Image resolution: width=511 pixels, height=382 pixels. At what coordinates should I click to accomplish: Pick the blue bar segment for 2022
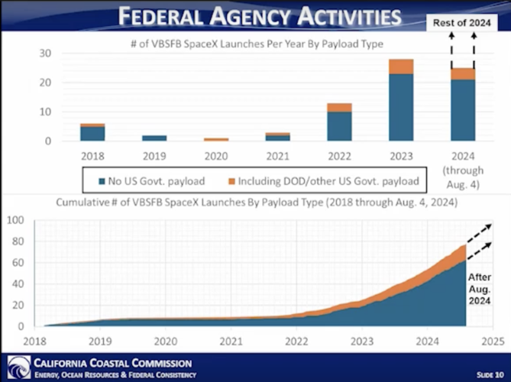click(340, 126)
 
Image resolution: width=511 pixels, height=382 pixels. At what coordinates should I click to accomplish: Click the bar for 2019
click(155, 138)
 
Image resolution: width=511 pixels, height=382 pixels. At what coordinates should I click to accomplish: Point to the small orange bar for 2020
click(216, 140)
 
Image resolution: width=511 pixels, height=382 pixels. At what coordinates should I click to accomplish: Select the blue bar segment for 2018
click(93, 134)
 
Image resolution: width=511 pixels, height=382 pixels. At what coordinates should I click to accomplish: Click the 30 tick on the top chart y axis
click(45, 53)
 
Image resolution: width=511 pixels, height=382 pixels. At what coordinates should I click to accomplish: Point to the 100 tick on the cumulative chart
click(15, 220)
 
